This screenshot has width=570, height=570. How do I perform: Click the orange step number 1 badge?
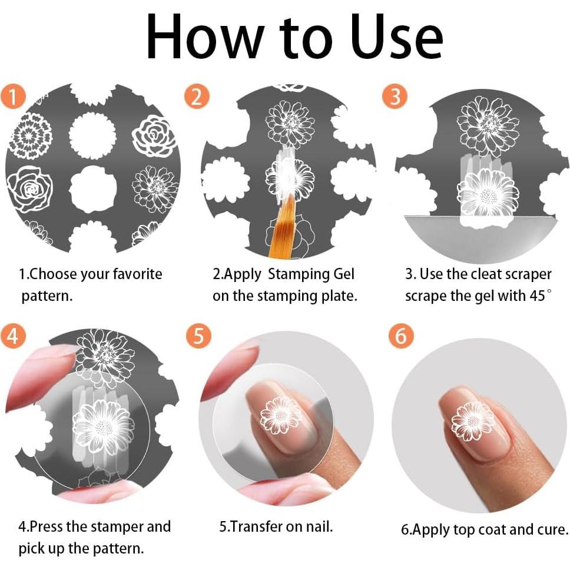(x=13, y=97)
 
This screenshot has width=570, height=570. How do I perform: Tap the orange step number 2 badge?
(x=197, y=97)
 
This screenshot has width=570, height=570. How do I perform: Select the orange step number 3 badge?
(x=395, y=96)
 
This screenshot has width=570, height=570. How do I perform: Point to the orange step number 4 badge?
(x=13, y=336)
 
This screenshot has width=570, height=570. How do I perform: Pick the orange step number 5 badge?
(x=198, y=336)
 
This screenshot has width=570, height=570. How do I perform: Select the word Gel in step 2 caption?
(x=344, y=274)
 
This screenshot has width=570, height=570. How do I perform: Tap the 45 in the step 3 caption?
(x=537, y=295)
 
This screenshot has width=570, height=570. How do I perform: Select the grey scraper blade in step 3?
(x=480, y=238)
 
